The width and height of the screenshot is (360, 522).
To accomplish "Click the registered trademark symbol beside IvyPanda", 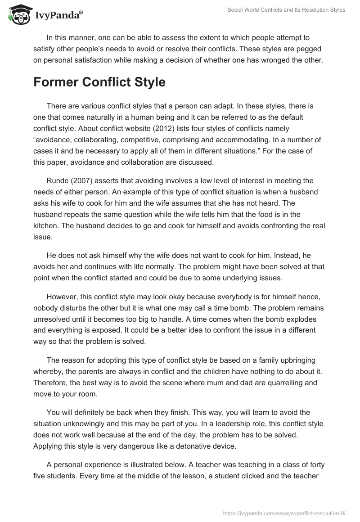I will pos(81,12).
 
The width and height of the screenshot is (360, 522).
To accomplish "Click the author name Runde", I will pos(57,181).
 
